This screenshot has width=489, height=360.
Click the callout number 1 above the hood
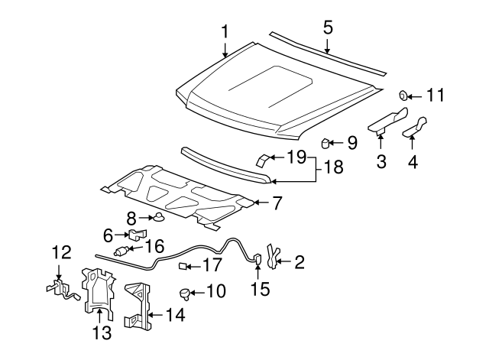click(x=225, y=31)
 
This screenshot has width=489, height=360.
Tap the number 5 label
click(x=328, y=28)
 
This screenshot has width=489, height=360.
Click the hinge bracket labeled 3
click(x=387, y=120)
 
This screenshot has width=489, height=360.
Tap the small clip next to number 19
click(x=263, y=159)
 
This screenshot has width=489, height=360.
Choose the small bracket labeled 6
click(x=137, y=235)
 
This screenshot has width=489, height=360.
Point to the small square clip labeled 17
click(x=183, y=266)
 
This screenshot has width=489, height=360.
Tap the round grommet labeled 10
click(x=184, y=291)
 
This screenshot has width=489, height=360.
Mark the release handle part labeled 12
click(x=58, y=287)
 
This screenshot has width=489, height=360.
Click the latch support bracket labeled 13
click(x=96, y=290)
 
